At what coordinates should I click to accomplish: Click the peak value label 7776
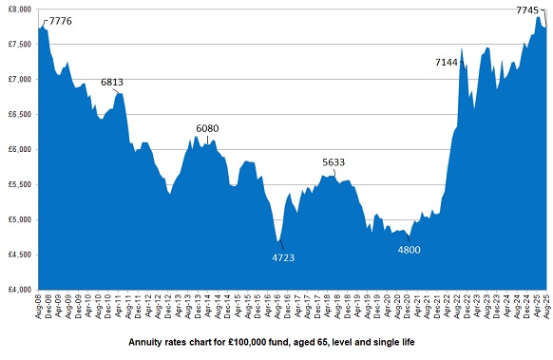click(x=60, y=21)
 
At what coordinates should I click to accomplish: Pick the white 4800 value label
click(x=409, y=250)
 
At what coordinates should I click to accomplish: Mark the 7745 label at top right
click(x=528, y=9)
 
